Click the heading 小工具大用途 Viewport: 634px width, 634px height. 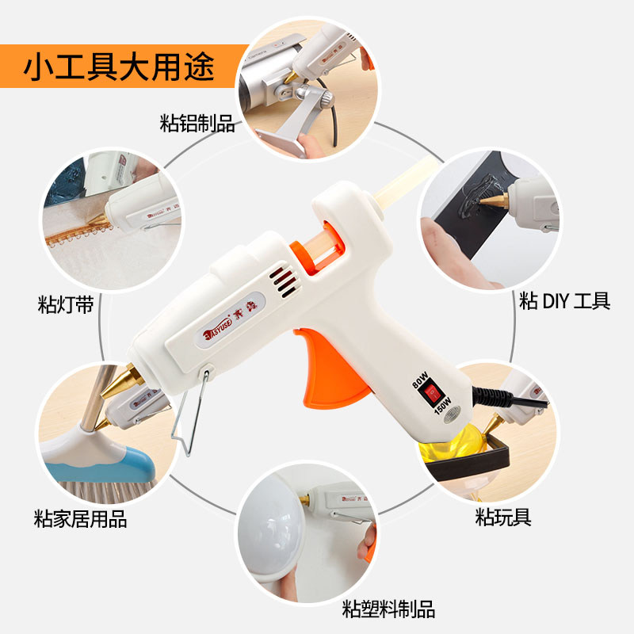(119, 67)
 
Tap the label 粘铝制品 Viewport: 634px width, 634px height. (197, 124)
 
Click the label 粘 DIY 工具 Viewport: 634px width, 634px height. (564, 300)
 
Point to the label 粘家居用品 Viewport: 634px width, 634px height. (81, 520)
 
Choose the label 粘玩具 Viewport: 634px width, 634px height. (503, 518)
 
